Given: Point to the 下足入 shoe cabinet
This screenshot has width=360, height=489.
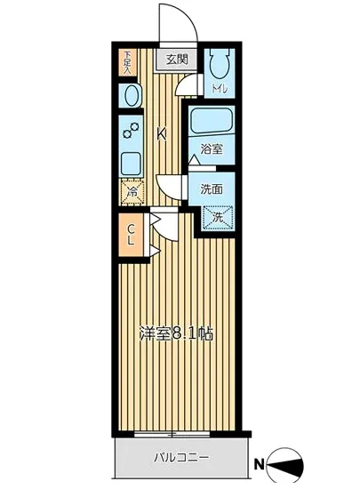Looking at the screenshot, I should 127,60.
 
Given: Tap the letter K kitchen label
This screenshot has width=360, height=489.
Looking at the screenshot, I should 162,134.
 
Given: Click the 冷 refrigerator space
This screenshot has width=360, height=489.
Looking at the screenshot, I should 131,190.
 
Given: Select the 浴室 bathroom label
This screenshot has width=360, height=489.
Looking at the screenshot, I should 211,148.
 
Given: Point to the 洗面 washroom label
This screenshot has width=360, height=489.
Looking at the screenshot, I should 211,188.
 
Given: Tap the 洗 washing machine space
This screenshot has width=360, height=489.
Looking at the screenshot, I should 217,214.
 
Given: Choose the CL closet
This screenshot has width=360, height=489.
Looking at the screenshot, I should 130,235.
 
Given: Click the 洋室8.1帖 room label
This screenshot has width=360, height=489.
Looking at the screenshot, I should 176,336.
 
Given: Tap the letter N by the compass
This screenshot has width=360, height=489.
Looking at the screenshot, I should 260,463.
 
